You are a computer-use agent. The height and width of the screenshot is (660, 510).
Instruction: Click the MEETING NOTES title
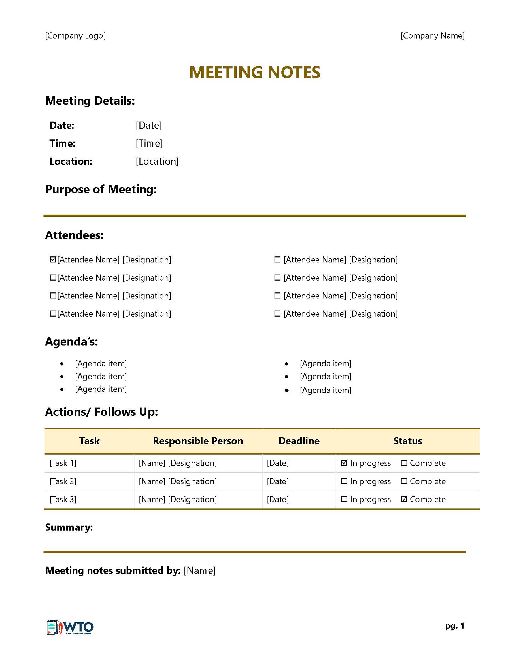click(255, 73)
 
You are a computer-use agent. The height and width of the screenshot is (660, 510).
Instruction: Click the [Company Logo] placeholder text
click(76, 36)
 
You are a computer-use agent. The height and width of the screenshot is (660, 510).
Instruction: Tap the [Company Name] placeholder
click(432, 36)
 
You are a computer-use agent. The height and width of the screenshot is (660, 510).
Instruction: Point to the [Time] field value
click(149, 143)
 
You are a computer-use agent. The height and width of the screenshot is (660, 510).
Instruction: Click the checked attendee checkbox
click(53, 260)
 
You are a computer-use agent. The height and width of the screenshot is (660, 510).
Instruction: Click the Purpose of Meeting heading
click(101, 190)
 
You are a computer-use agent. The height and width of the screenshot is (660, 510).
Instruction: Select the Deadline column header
click(299, 441)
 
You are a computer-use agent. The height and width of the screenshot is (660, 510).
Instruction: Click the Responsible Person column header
click(198, 441)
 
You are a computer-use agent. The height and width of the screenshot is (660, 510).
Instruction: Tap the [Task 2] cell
click(63, 481)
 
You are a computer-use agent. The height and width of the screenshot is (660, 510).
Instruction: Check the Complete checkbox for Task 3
click(404, 499)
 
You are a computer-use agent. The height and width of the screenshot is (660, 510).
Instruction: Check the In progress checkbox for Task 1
click(344, 463)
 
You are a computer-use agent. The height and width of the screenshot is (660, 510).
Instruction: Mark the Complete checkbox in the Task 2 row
click(404, 481)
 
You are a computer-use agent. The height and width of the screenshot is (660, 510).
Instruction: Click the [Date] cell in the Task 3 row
click(278, 499)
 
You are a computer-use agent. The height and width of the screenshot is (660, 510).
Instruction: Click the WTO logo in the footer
click(70, 628)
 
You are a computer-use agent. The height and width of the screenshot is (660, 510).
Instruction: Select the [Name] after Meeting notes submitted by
click(199, 570)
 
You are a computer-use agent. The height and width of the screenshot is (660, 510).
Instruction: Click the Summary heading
click(69, 527)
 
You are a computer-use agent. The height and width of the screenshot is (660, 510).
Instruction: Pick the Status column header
click(408, 441)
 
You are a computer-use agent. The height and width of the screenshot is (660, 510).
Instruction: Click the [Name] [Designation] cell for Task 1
click(178, 463)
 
